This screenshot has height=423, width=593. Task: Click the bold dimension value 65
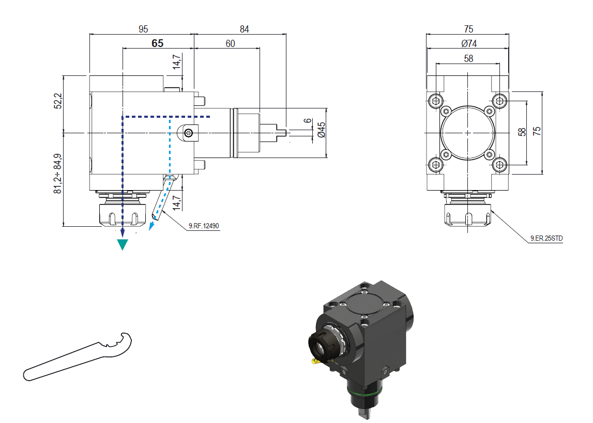pos(158,43)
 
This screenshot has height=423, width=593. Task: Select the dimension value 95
pos(143,29)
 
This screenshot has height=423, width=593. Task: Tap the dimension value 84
pos(244,29)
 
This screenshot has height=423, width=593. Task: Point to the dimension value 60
pos(230,44)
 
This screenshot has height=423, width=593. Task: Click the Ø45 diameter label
pos(321,130)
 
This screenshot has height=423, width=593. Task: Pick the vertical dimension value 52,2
pos(58,101)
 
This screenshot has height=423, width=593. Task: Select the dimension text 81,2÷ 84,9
pos(58,174)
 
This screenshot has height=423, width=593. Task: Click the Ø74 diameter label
pos(468,43)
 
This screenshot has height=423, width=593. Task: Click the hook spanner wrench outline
pos(78,357)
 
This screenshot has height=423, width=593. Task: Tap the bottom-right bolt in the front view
pos(499,165)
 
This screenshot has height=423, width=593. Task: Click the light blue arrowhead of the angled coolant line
pos(152,226)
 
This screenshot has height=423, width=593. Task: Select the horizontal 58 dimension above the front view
pos(468,59)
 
